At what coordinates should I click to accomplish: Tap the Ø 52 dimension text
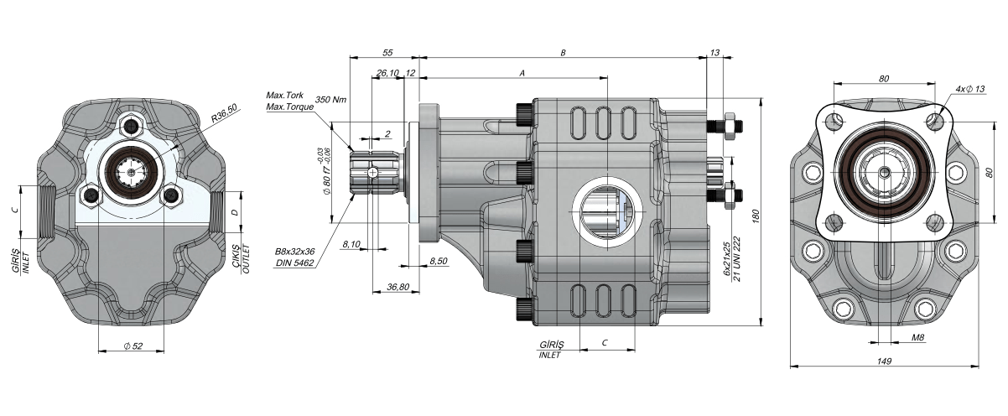pos(132,346)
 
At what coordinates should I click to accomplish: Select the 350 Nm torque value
pos(331,99)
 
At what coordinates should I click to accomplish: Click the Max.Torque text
pos(289,107)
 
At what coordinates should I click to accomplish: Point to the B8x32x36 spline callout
pos(294,251)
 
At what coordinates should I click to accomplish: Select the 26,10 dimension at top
pos(387,74)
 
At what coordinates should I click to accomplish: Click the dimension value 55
pos(387,52)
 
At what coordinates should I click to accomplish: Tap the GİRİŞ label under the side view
pos(550,345)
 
